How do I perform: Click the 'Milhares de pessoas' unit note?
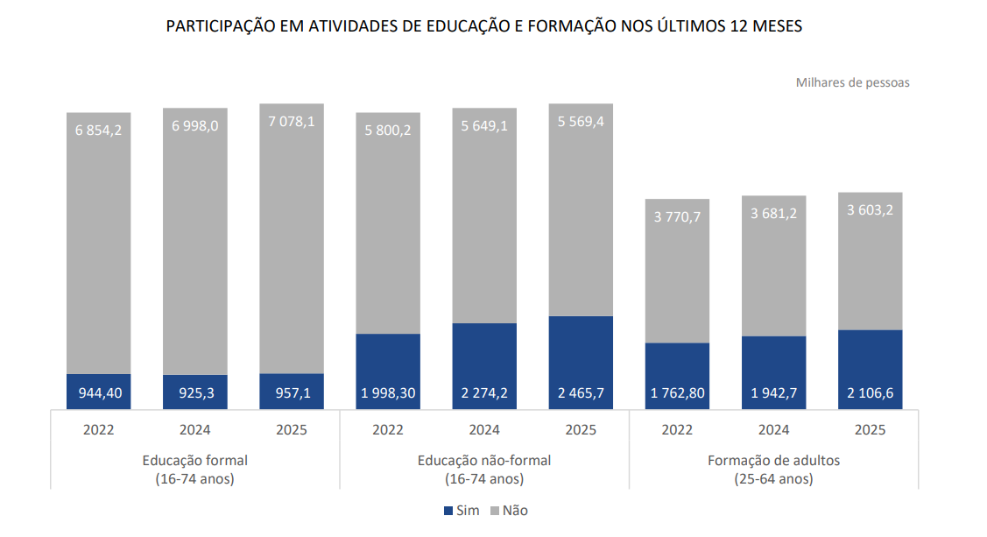(x=852, y=82)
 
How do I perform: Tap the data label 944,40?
(x=98, y=393)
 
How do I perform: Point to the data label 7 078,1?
(x=292, y=122)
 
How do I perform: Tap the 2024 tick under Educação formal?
(x=194, y=430)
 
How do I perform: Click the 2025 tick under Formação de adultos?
(x=870, y=430)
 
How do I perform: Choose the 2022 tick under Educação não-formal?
(x=387, y=430)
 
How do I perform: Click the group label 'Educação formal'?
(x=194, y=460)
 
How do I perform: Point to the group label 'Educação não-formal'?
(x=484, y=460)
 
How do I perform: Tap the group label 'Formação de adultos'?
(x=773, y=460)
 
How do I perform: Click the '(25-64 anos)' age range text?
(x=773, y=479)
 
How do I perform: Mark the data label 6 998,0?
(x=194, y=126)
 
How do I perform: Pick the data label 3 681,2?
(x=773, y=214)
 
